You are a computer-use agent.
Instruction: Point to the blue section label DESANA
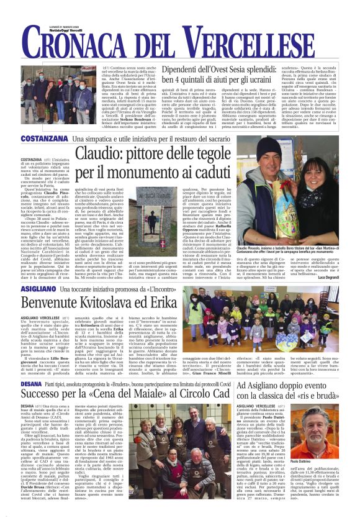tap(30, 384)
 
